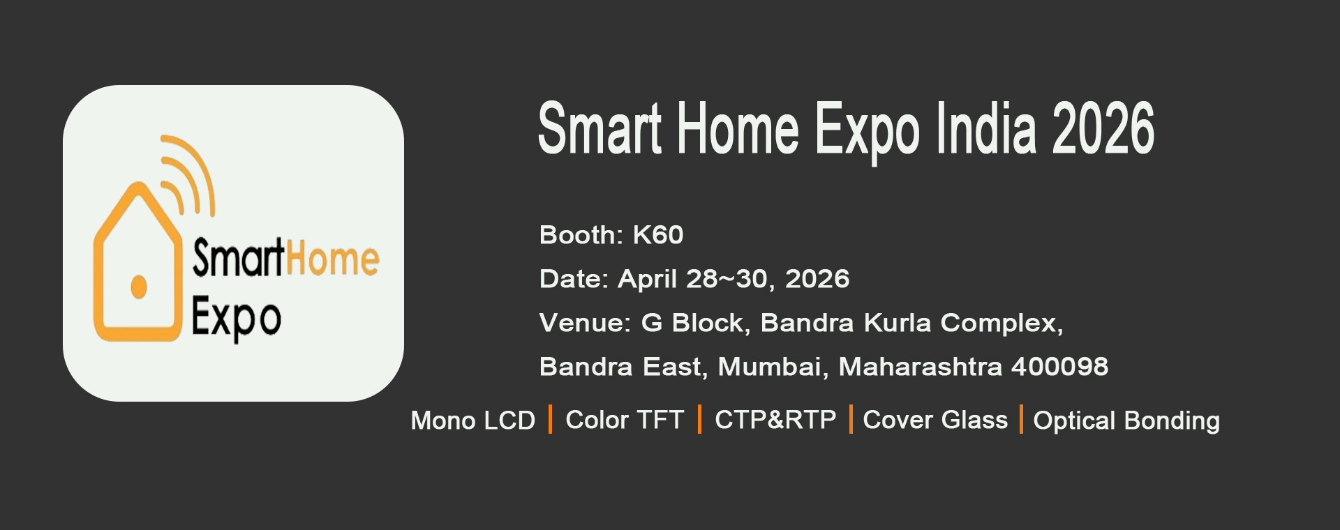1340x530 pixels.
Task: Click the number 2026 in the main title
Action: (1103, 128)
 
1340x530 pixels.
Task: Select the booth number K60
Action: (657, 235)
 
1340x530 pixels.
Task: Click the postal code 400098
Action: (1059, 367)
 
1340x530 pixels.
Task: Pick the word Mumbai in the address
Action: (773, 368)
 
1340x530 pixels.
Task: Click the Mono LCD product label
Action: (473, 421)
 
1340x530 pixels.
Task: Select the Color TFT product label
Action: (625, 420)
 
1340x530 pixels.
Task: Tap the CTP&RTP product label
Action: (775, 420)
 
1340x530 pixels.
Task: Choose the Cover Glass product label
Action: (935, 420)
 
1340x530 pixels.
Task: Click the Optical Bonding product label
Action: (1126, 421)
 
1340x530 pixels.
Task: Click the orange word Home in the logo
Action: (332, 258)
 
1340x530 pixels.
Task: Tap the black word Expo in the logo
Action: (236, 318)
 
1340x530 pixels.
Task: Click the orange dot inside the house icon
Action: (139, 287)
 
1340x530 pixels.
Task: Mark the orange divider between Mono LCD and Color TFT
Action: (550, 419)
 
